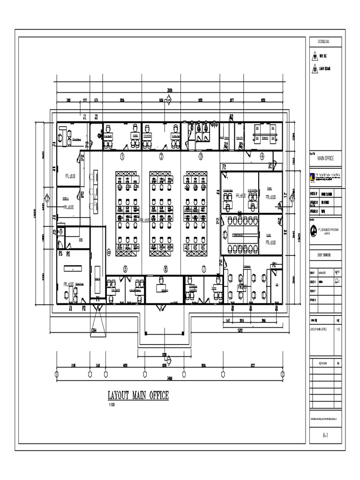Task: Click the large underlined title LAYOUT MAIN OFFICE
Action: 138,396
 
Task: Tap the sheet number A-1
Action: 326,436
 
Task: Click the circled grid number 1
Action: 122,156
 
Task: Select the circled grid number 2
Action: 161,156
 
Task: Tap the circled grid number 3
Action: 201,156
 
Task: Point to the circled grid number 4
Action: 262,156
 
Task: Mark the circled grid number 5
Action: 125,269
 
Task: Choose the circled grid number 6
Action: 165,269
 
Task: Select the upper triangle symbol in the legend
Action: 315,56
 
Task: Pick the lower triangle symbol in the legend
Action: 315,68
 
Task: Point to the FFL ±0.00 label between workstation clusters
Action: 144,220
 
